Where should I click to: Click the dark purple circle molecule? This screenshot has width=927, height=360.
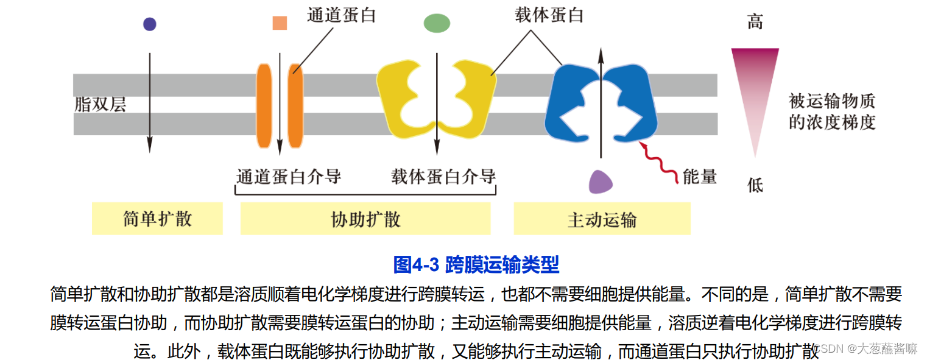point(149,24)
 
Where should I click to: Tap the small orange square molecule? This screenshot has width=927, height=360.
point(280,23)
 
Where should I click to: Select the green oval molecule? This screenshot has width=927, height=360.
point(437,23)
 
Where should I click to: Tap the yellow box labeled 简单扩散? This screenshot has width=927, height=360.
point(157,219)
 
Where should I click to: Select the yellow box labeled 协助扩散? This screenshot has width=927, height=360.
point(365,219)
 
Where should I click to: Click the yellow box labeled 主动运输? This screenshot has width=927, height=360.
point(602,219)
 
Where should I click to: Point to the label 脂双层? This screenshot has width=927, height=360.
point(100,104)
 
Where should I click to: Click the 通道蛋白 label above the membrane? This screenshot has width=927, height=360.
point(341,15)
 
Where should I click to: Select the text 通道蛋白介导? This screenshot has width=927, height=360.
point(289,177)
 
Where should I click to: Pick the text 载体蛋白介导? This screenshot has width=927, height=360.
point(443,177)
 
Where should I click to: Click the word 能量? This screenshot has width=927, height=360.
point(700,177)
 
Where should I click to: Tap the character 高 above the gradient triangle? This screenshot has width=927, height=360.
point(755,23)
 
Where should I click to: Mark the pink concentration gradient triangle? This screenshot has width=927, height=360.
point(755,85)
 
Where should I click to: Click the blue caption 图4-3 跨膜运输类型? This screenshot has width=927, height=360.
point(476,264)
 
